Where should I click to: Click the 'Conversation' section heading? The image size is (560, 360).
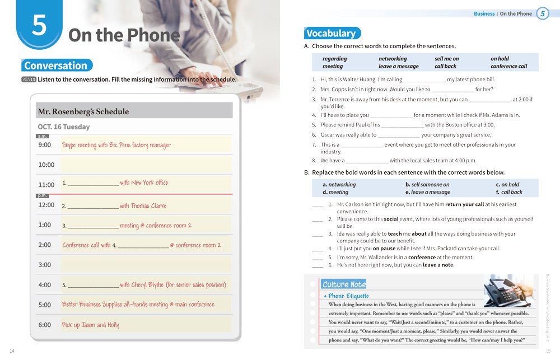56,66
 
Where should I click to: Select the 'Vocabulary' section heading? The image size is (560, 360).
332,33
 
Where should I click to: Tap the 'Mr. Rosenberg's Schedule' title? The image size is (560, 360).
83,111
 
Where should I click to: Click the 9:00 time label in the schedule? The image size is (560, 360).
45,145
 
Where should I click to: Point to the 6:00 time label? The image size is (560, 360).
45,325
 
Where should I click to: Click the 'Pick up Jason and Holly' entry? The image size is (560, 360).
91,325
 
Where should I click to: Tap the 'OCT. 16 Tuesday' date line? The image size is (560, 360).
64,127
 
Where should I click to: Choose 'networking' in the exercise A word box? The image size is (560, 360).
393,59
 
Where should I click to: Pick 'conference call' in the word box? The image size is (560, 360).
508,66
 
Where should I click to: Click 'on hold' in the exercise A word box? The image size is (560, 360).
500,59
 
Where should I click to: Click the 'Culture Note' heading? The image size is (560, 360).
344,284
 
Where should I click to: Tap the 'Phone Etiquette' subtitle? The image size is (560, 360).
348,296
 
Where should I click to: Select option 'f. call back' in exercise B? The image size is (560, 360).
509,192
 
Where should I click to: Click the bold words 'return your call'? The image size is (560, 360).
464,205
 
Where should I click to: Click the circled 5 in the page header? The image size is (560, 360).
542,14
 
